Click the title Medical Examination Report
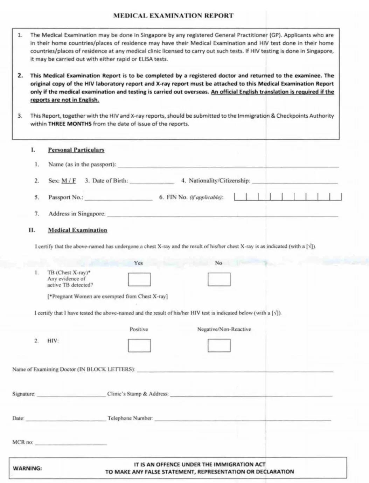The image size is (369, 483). (173, 16)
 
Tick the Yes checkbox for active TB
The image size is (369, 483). (139, 280)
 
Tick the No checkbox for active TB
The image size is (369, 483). (219, 280)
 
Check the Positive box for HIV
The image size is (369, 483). (139, 345)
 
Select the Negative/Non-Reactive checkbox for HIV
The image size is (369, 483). (219, 345)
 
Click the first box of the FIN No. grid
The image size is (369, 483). (241, 197)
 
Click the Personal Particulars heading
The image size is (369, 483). (76, 150)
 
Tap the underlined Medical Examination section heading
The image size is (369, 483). (77, 230)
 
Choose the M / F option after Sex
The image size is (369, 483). (69, 181)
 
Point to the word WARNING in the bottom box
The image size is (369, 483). (27, 468)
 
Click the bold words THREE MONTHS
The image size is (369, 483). (70, 124)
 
